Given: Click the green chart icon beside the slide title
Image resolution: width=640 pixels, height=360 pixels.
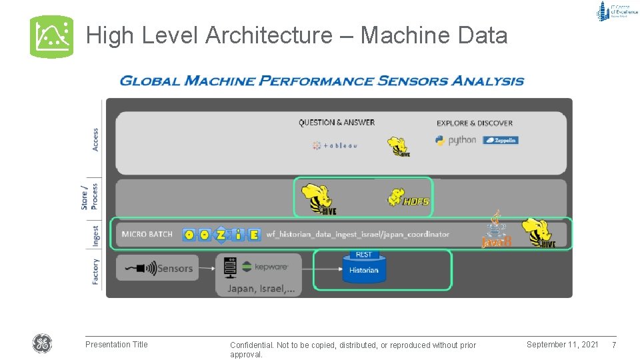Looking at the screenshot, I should tap(51, 37).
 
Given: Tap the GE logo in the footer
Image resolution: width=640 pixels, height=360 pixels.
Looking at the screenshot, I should tap(42, 344).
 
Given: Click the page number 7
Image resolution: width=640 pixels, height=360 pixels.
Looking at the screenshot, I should tap(614, 345).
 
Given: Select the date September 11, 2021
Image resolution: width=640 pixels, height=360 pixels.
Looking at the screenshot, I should tap(562, 345).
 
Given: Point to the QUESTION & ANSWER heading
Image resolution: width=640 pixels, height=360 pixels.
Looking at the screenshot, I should tap(337, 123).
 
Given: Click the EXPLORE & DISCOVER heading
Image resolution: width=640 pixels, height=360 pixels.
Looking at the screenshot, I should tap(475, 123).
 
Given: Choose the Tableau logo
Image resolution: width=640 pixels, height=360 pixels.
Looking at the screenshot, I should tap(335, 145).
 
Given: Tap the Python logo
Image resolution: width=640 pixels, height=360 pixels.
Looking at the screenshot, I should tap(456, 141).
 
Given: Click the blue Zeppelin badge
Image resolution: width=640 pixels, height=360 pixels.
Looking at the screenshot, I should tap(501, 140).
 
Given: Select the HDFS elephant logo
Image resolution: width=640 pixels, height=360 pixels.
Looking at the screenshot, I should tap(407, 197).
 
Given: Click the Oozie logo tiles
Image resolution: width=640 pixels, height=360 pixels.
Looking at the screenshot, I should tap(221, 235).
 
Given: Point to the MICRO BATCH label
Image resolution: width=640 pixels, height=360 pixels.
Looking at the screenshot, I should tap(147, 235).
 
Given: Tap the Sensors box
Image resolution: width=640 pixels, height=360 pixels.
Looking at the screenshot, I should tap(157, 268).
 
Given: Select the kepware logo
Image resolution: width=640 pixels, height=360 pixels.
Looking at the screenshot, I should tap(265, 267).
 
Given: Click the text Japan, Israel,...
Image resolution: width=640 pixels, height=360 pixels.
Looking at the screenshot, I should tap(264, 289).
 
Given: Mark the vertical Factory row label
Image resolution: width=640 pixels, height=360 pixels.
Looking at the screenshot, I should tap(96, 271).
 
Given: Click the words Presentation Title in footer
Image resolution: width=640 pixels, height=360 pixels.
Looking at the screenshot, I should tap(117, 345).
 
